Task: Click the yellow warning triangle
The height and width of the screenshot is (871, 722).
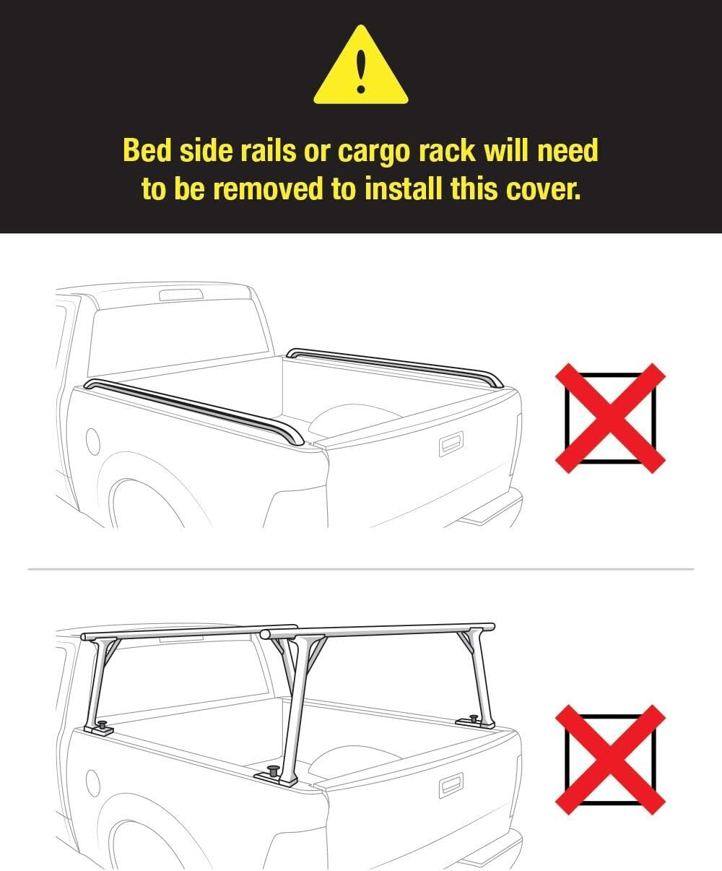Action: (x=360, y=69)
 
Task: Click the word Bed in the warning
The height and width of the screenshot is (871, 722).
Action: (x=146, y=151)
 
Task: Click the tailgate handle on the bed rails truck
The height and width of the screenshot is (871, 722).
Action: (x=451, y=444)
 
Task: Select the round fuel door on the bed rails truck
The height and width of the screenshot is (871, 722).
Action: (x=92, y=441)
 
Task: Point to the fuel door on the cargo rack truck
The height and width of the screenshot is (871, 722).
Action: (x=92, y=783)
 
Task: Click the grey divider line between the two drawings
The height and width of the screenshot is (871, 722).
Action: (x=360, y=570)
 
